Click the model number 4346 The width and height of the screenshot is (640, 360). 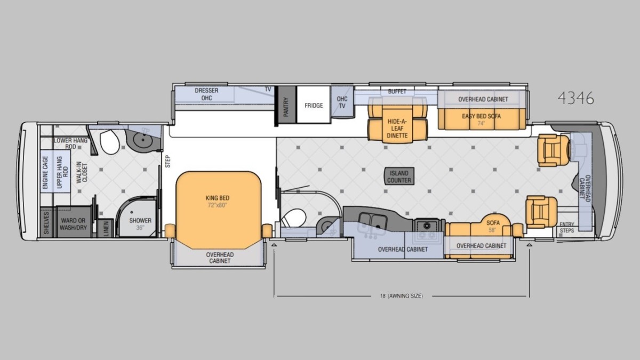point(575,98)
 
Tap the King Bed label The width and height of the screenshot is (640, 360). point(218,198)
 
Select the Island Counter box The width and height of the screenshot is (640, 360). point(399,177)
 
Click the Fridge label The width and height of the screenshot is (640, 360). point(314,106)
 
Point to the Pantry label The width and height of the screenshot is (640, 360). point(286,107)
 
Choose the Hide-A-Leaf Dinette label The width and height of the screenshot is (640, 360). point(397,129)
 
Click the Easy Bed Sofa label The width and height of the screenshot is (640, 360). point(482,116)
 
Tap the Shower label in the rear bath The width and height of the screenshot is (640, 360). point(140,221)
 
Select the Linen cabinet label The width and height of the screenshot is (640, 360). point(106,228)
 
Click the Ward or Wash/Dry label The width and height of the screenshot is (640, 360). point(73,224)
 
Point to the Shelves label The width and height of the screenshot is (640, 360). point(46,223)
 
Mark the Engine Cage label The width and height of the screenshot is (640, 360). point(45,172)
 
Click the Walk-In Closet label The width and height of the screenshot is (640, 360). point(82,172)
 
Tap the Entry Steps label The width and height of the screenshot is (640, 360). point(567,227)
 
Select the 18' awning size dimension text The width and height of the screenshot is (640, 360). point(402,296)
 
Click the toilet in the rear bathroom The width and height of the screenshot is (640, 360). point(109,142)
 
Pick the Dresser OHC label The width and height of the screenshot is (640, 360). point(206,94)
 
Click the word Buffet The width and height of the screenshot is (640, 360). point(397,91)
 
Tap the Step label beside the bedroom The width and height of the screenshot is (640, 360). point(167,162)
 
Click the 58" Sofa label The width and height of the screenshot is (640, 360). point(493,226)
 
